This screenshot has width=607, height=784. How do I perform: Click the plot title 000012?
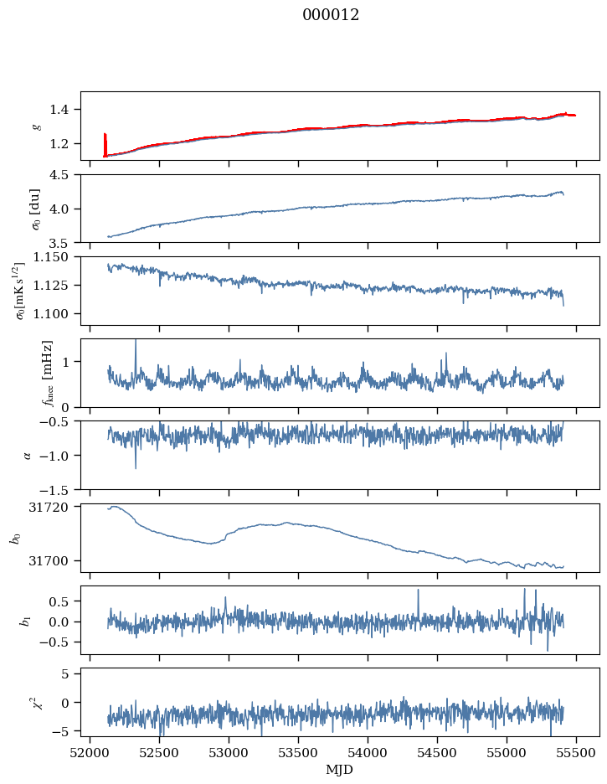tap(331, 15)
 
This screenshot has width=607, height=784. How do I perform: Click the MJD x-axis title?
tap(339, 770)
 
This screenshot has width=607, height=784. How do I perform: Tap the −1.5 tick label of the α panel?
tap(59, 489)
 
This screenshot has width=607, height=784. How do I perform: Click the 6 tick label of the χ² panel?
tap(67, 673)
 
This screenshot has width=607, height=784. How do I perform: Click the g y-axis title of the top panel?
tap(35, 126)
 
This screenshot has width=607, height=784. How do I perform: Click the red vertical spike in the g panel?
tap(105, 144)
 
